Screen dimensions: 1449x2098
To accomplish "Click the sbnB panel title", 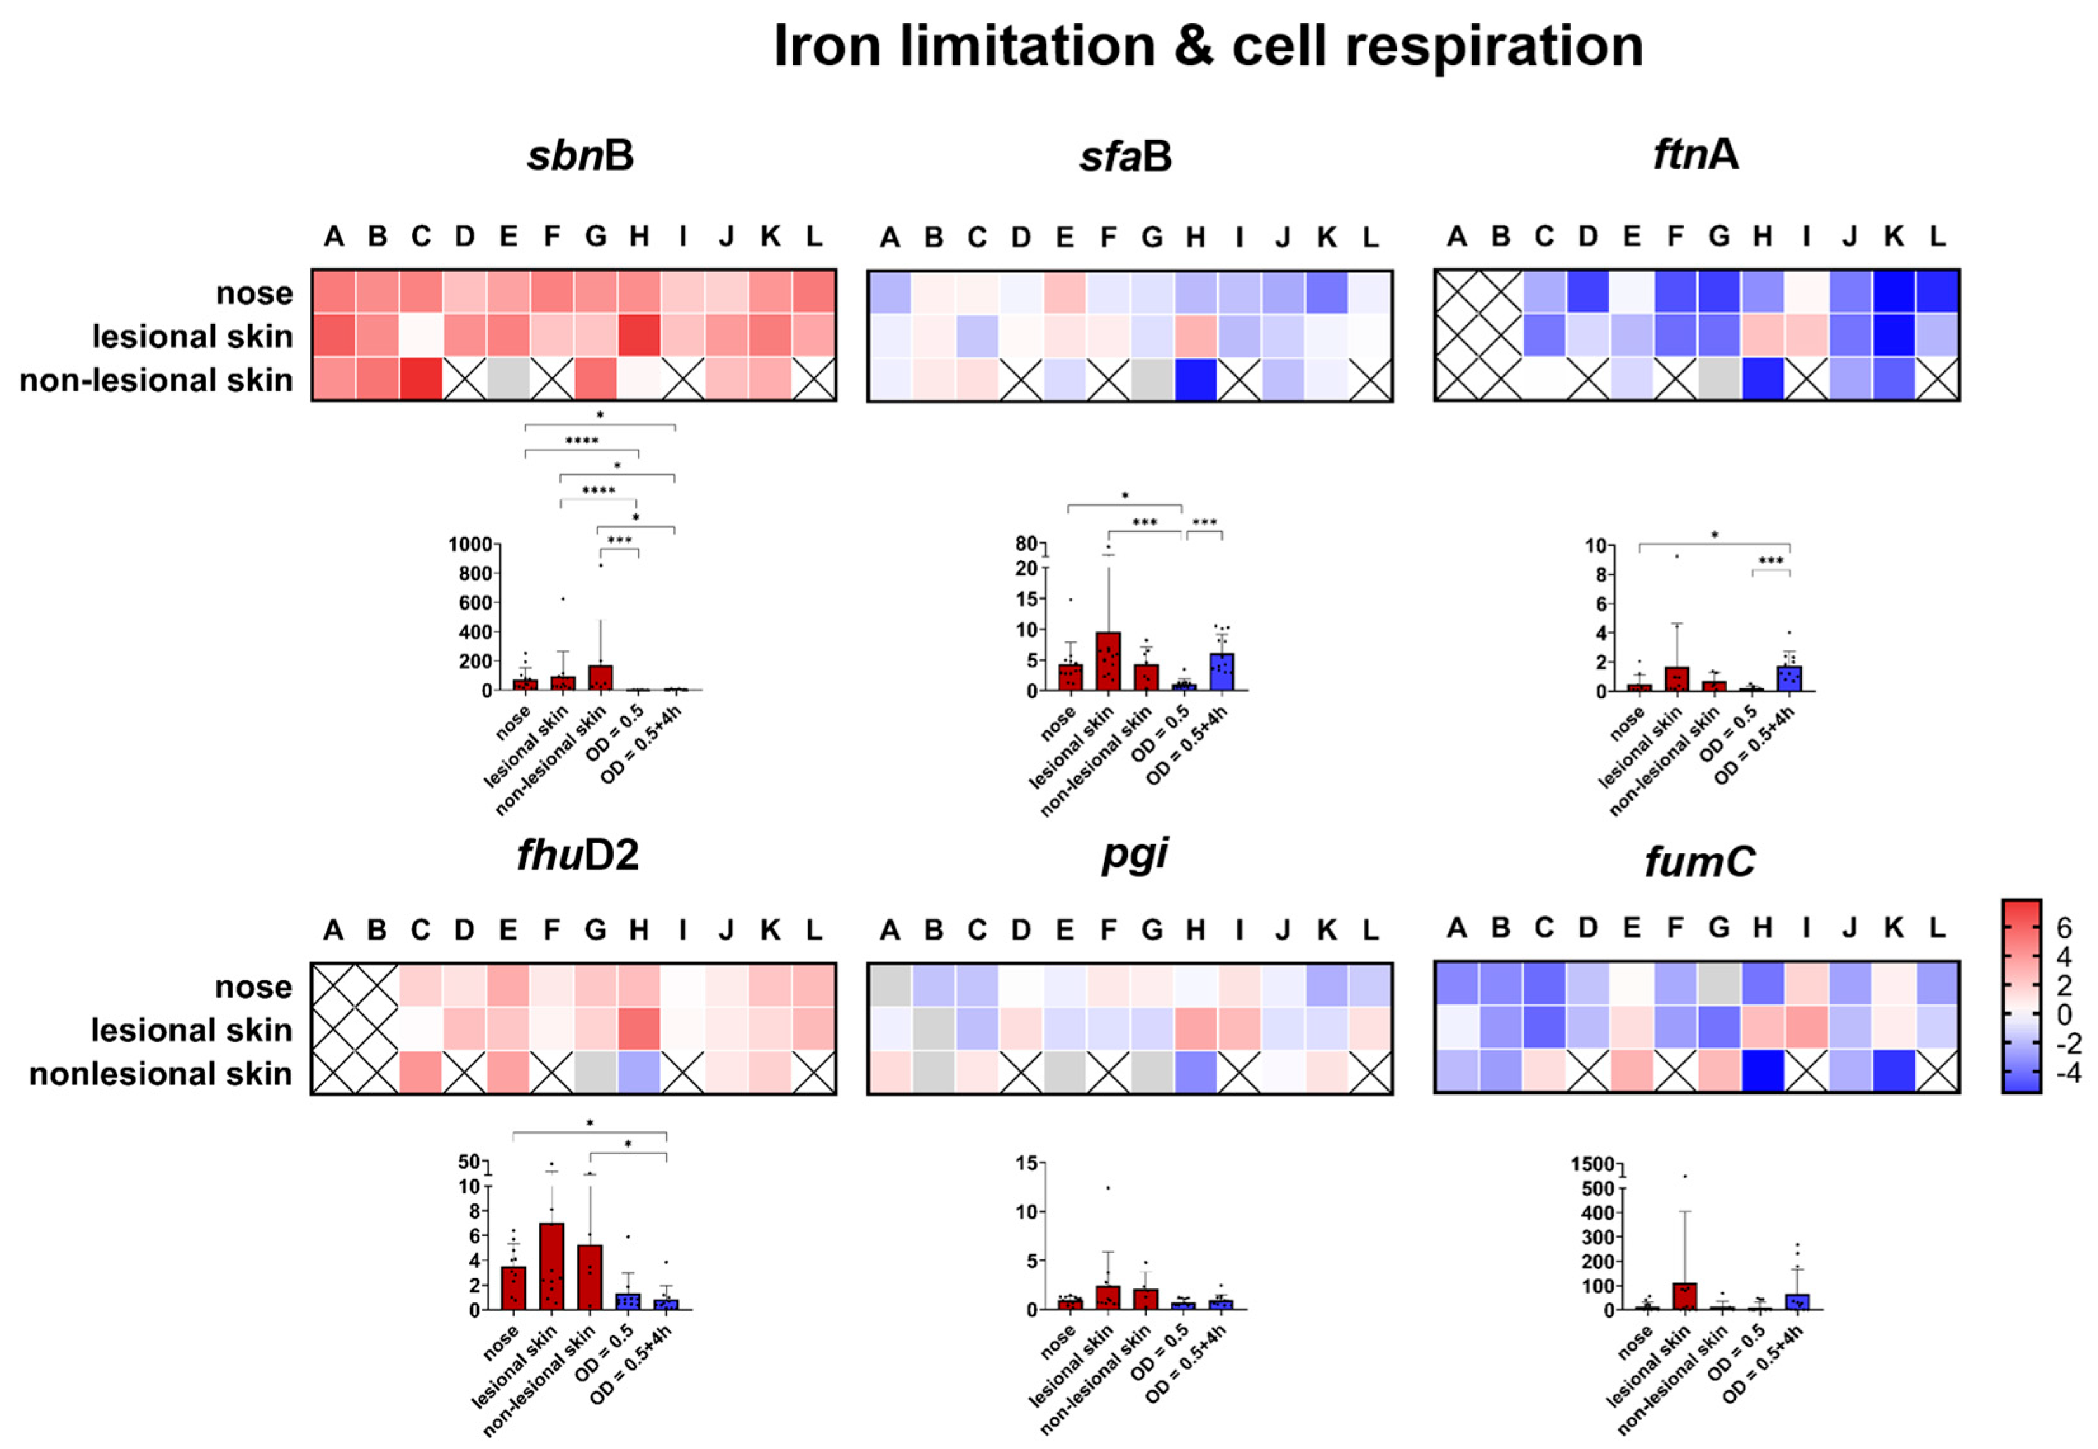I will pos(581,155).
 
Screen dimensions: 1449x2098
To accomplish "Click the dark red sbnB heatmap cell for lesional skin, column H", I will pos(640,336).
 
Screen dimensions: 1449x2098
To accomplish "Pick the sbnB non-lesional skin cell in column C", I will pos(421,379).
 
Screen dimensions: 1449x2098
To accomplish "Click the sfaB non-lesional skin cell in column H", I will pos(1195,379).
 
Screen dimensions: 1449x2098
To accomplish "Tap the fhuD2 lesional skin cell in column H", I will pos(640,1028).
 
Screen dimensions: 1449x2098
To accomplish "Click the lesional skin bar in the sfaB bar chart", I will pos(1107,661).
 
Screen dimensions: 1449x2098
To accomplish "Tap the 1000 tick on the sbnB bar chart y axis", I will pos(470,545).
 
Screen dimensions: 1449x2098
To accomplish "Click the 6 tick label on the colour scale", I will pos(2064,928).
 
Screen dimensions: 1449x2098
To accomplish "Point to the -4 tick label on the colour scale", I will pos(2067,1072).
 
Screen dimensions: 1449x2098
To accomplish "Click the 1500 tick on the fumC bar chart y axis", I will pos(1592,1164).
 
